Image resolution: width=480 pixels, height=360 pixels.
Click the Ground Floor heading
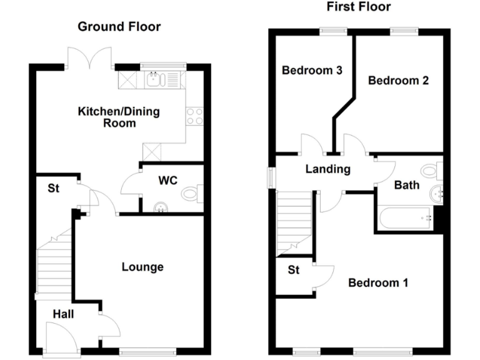click(x=119, y=27)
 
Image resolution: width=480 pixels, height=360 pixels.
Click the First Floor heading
click(x=358, y=7)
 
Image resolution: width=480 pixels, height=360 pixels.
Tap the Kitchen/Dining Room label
click(x=118, y=117)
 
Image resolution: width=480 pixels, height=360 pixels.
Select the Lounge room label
click(x=142, y=267)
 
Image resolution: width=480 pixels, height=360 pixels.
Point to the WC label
click(x=167, y=181)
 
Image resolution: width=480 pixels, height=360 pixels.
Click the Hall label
click(x=62, y=314)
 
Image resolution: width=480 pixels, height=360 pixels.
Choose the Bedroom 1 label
click(x=378, y=282)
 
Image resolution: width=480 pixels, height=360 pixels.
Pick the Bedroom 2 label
click(x=397, y=80)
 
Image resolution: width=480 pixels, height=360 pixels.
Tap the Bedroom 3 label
click(x=311, y=70)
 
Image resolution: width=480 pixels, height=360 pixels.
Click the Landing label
click(x=327, y=169)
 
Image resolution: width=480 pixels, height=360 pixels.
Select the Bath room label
click(x=406, y=185)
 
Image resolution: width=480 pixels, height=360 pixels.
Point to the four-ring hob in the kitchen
click(x=194, y=116)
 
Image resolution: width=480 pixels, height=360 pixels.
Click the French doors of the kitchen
click(x=91, y=60)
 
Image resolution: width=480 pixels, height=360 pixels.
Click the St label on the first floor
click(x=294, y=271)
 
